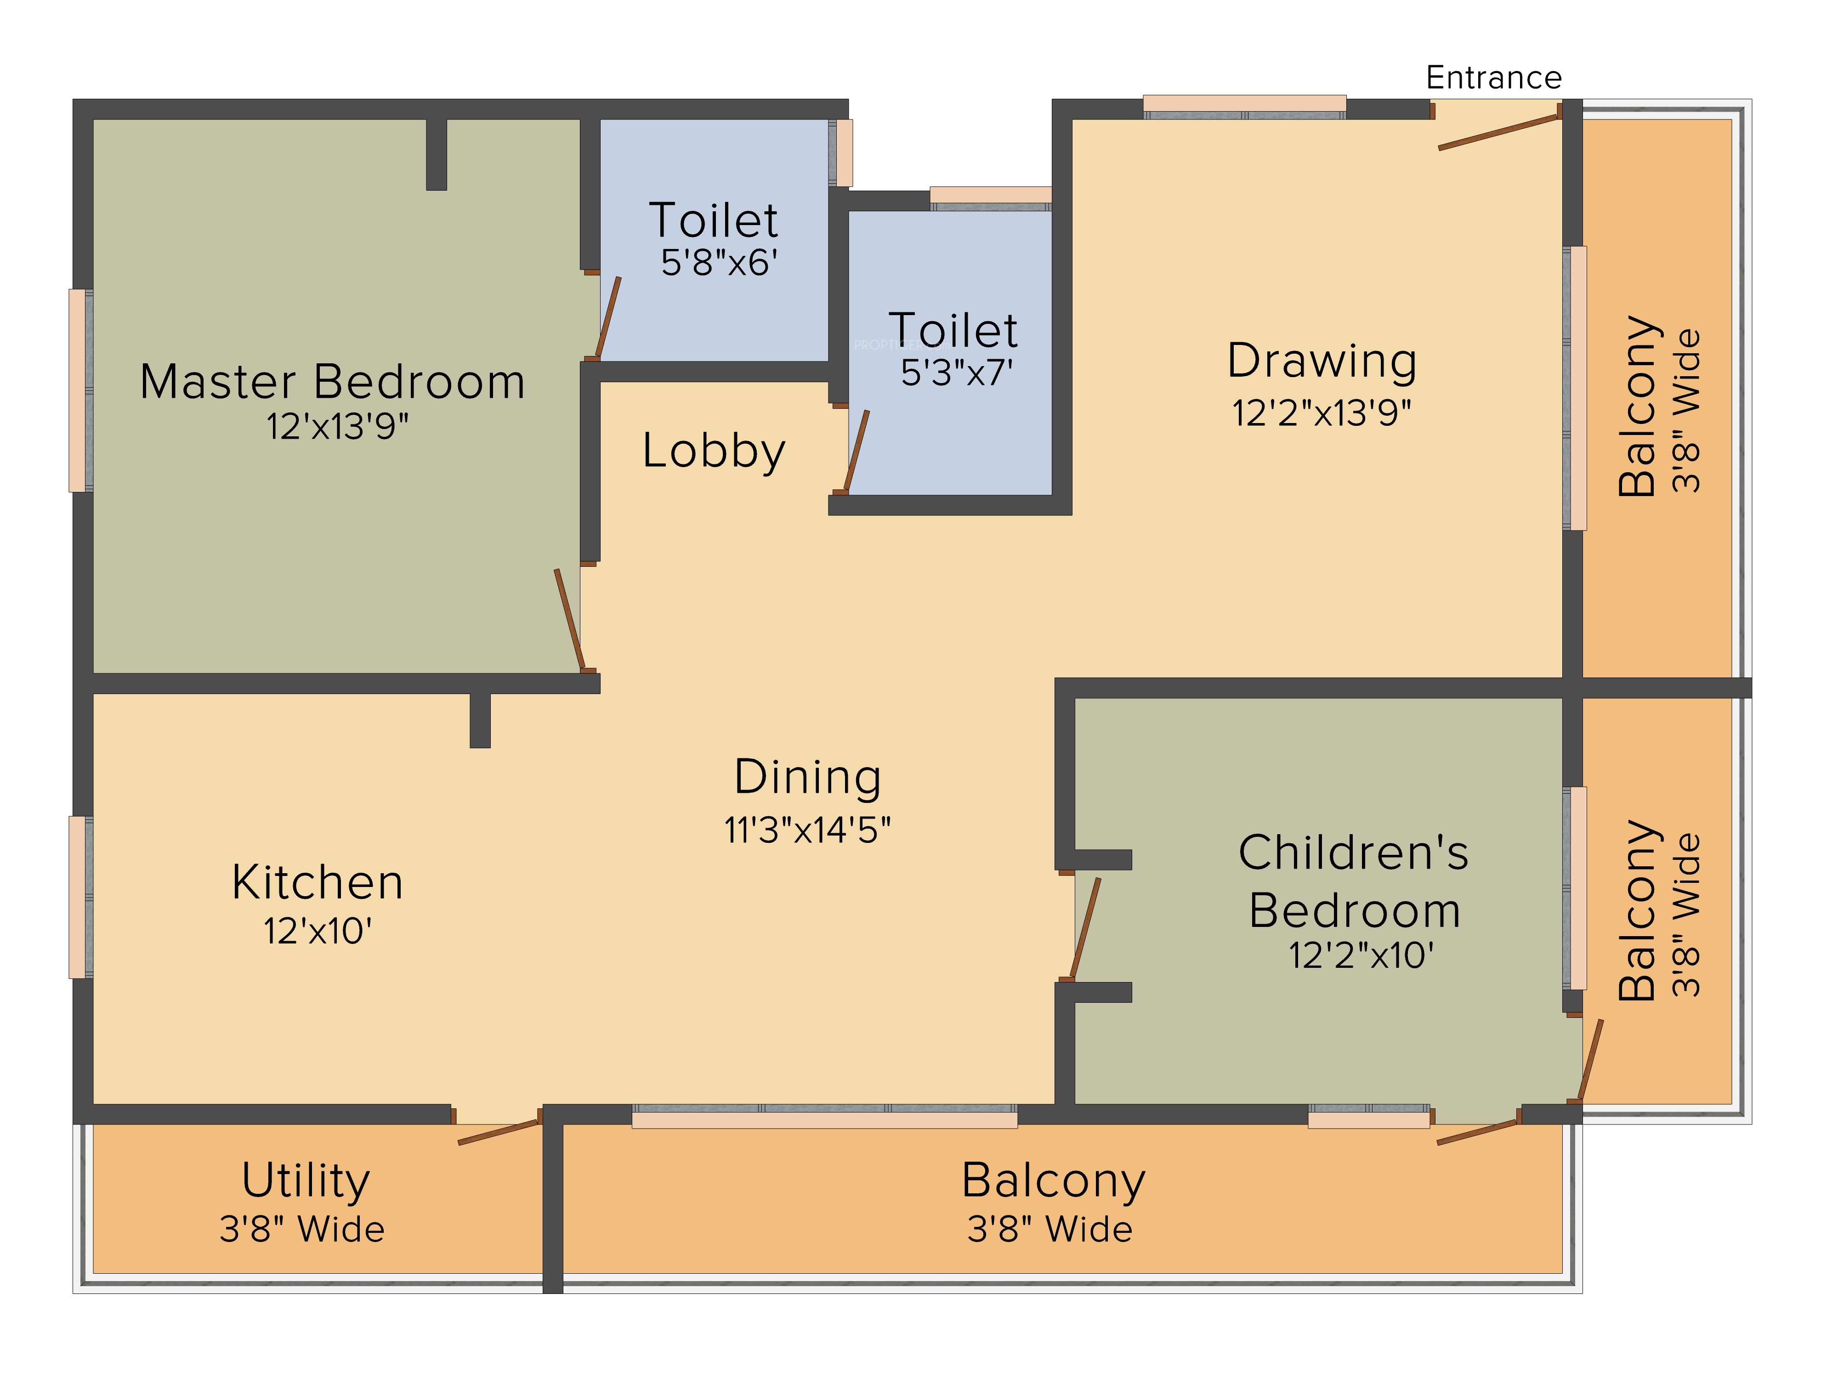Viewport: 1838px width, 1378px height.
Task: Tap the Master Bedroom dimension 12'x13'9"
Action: pos(337,426)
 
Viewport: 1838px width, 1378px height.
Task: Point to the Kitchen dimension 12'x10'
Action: pos(318,931)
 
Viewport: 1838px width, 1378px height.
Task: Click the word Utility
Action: pos(306,1180)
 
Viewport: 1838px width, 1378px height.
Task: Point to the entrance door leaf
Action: pos(1498,133)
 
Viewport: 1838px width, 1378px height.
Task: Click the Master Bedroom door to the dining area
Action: pos(569,620)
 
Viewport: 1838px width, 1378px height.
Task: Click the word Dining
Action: pos(808,777)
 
